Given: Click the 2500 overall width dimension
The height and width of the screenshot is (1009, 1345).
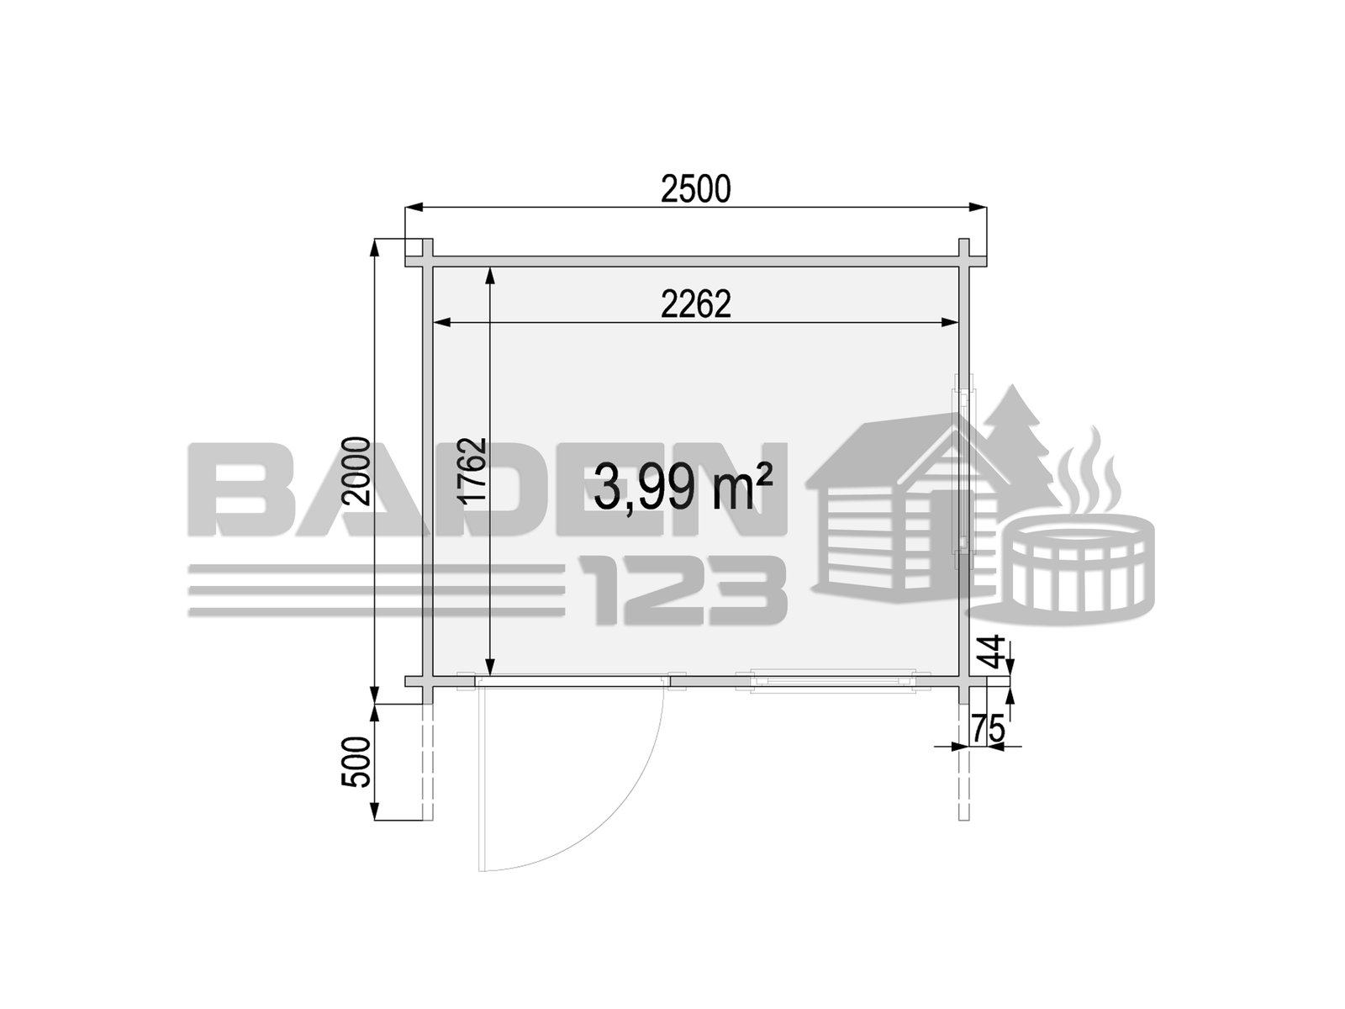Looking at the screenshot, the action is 695,188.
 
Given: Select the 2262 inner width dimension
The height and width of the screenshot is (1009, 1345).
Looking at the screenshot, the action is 696,304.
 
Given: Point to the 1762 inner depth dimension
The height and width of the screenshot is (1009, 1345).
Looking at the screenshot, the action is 472,471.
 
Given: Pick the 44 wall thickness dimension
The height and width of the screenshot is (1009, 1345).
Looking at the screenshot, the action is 993,651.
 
